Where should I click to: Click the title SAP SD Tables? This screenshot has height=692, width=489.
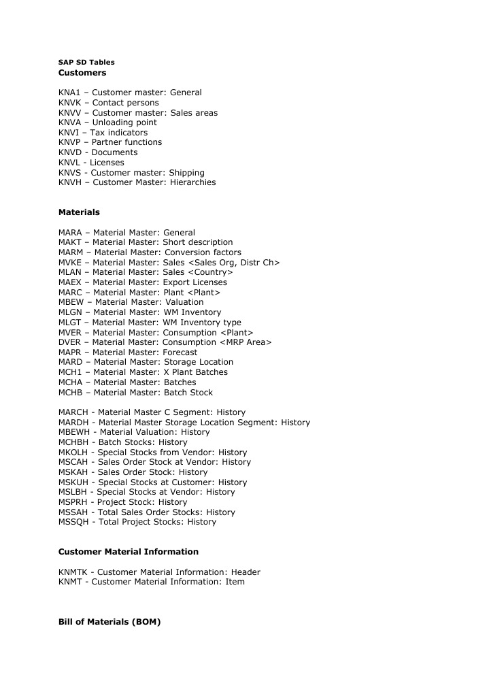(86, 62)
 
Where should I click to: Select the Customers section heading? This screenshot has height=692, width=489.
(82, 72)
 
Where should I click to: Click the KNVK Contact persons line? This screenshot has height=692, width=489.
(108, 103)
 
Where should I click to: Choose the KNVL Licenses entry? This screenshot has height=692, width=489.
(91, 163)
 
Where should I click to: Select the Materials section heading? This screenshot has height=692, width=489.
(79, 212)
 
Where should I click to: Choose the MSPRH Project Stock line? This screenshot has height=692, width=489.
(122, 502)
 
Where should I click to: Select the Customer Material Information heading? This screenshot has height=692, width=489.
(129, 552)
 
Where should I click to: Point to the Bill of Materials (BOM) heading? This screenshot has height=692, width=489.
(109, 622)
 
